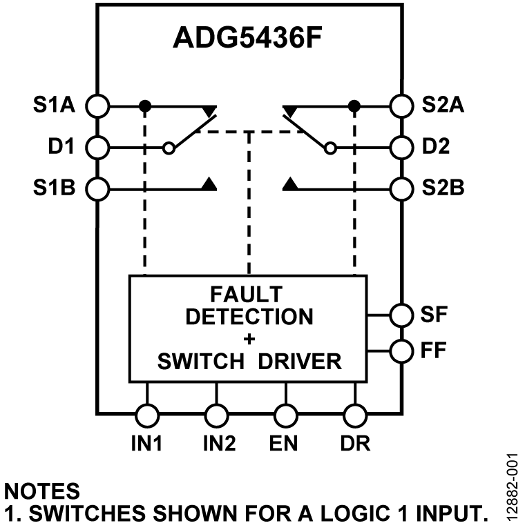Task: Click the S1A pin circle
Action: pos(99,106)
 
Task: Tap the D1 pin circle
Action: pos(99,147)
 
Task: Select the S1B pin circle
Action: pos(99,187)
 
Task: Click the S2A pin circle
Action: pos(401,106)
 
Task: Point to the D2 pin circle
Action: pos(401,147)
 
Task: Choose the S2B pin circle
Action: pos(401,187)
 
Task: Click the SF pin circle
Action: pos(401,315)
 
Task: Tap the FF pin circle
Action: pos(401,351)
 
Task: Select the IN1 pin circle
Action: pos(146,415)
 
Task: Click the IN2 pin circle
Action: pos(216,415)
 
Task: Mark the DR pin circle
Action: pos(354,415)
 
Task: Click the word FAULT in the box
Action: pos(248,295)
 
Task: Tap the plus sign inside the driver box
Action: pos(248,339)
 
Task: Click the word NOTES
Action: pos(42,491)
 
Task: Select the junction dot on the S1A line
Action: pos(144,106)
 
